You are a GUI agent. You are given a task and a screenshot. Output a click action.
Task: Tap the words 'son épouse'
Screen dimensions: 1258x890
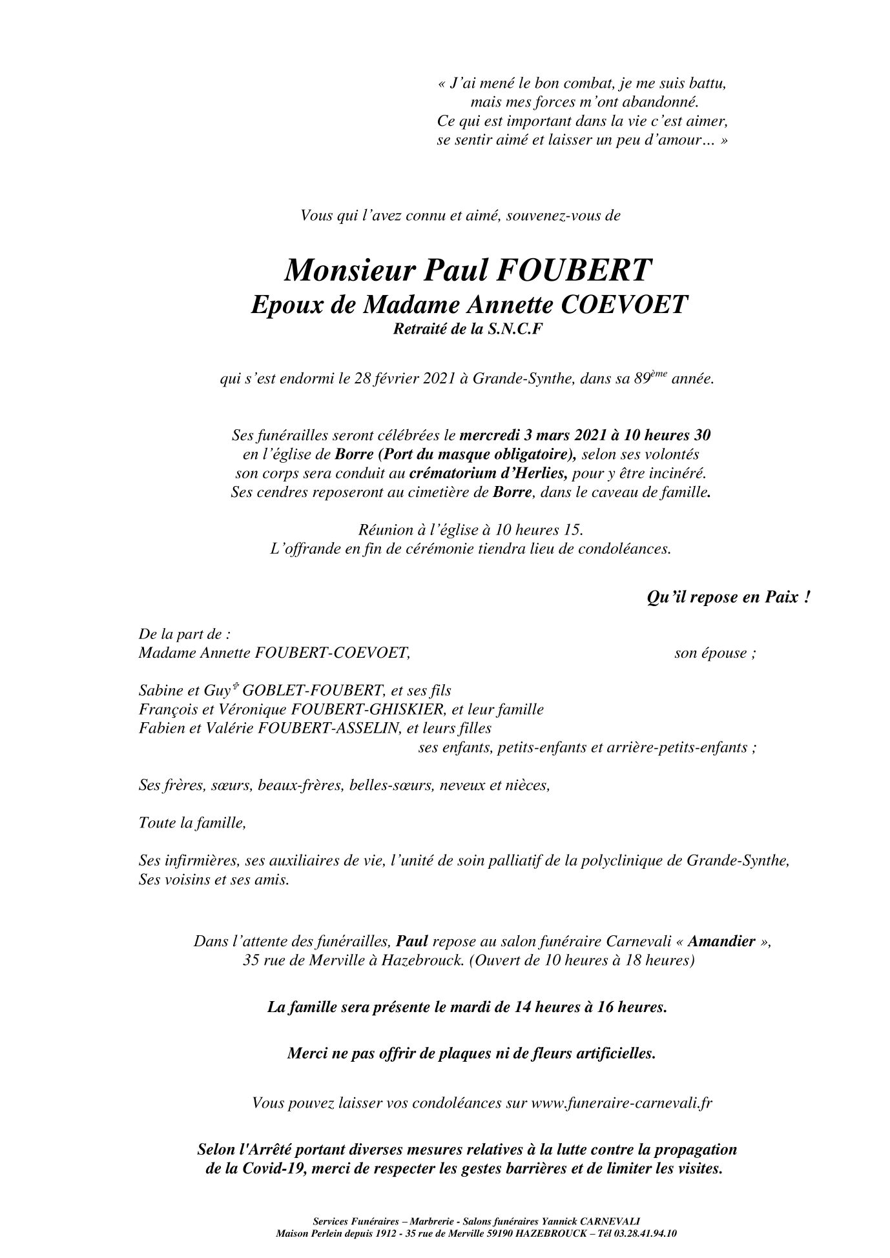coord(714,653)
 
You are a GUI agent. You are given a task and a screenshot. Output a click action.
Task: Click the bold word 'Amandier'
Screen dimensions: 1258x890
coord(721,941)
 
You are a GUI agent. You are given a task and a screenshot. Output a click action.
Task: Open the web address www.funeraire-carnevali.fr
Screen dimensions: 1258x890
coord(621,1103)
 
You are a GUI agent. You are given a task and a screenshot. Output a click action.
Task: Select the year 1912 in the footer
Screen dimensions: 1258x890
coord(388,1233)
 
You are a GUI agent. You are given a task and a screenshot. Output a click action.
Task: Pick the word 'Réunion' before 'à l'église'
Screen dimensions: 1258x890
coord(384,531)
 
